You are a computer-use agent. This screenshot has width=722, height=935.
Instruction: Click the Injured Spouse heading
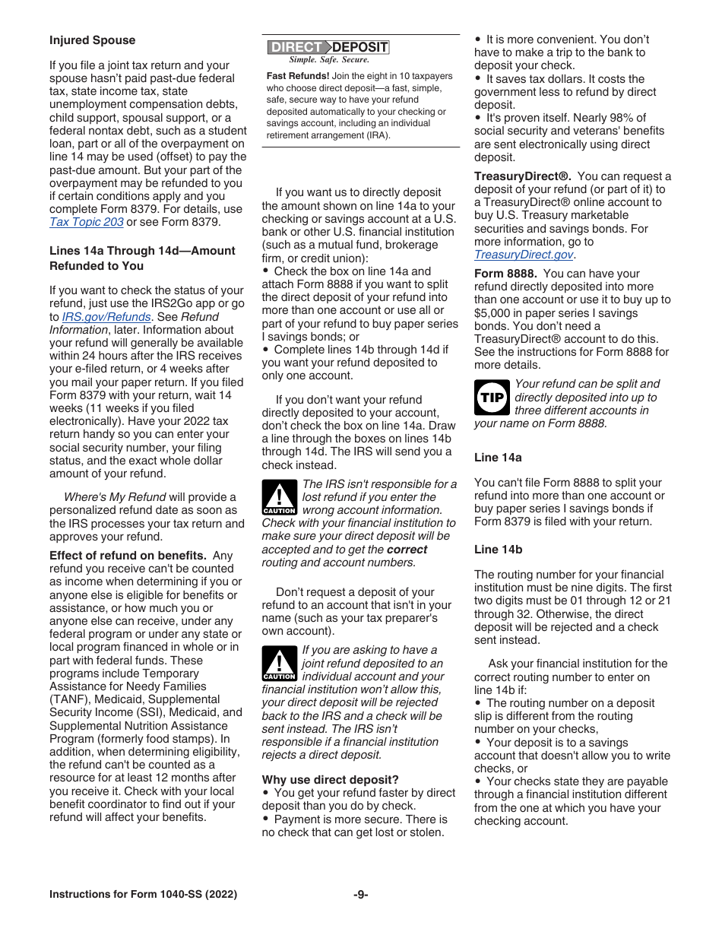tap(92, 40)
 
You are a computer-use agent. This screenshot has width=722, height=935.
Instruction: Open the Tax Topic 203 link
tap(86, 222)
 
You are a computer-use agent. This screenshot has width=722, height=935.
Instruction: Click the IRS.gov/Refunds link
tap(106, 317)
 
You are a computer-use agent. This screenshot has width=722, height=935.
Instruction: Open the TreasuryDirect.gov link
tap(524, 255)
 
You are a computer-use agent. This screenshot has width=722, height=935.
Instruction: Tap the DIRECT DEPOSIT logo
tap(328, 47)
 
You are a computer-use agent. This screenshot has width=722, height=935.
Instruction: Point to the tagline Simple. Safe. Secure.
tap(328, 60)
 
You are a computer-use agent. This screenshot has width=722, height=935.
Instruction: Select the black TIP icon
tap(492, 398)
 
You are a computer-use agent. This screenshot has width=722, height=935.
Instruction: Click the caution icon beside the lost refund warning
tap(279, 498)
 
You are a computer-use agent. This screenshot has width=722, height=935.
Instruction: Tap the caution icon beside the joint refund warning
tap(279, 664)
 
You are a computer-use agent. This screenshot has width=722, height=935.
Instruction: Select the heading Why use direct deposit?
tap(330, 780)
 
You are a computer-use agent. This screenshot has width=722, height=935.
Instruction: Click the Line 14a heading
tap(498, 458)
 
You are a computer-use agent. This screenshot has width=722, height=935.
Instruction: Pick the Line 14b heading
tap(498, 550)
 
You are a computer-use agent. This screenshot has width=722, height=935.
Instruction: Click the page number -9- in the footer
tap(360, 895)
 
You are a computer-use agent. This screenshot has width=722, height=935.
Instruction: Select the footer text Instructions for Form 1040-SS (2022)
tap(143, 895)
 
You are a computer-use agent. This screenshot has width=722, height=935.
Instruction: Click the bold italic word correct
tap(407, 550)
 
